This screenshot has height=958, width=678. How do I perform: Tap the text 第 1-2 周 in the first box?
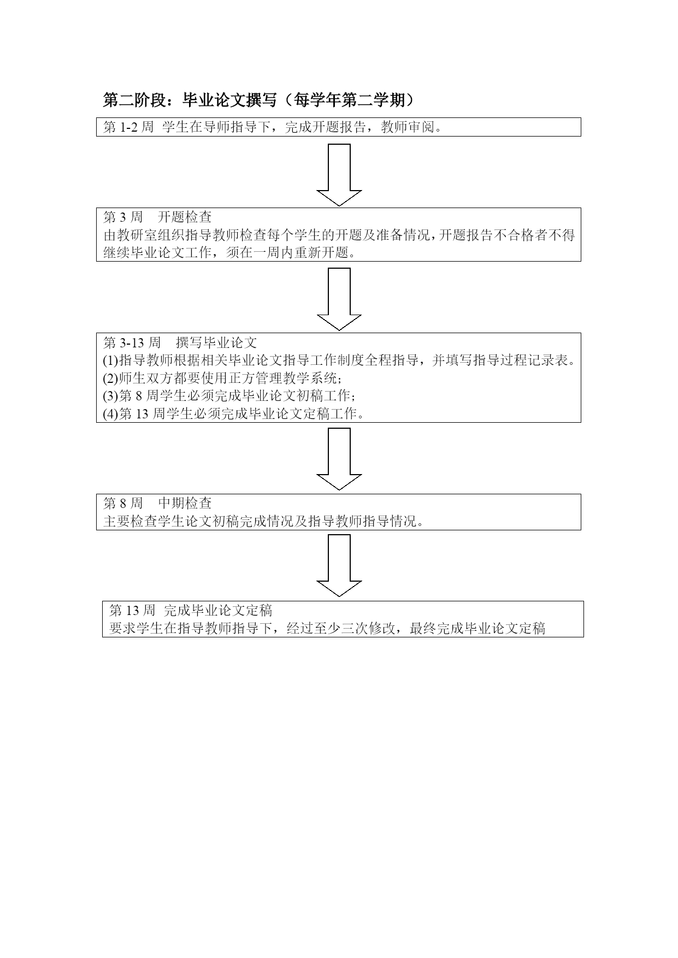(x=128, y=127)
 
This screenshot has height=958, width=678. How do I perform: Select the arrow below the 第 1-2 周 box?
(x=339, y=175)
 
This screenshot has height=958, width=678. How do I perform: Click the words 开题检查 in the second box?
(x=185, y=217)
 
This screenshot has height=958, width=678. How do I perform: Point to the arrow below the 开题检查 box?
(x=339, y=299)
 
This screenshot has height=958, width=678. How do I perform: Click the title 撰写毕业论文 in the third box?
(x=216, y=342)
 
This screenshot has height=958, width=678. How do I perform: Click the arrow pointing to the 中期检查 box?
(x=339, y=459)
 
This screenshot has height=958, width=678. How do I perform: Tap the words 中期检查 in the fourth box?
(x=185, y=503)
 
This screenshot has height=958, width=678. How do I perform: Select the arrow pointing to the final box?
(x=339, y=565)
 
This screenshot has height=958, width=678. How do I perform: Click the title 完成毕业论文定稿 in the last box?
(x=218, y=610)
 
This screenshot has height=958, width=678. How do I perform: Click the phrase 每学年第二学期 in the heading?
(x=350, y=100)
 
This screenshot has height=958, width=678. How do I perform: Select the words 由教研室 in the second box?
(x=123, y=235)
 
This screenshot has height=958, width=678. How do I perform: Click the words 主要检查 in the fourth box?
(x=131, y=521)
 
